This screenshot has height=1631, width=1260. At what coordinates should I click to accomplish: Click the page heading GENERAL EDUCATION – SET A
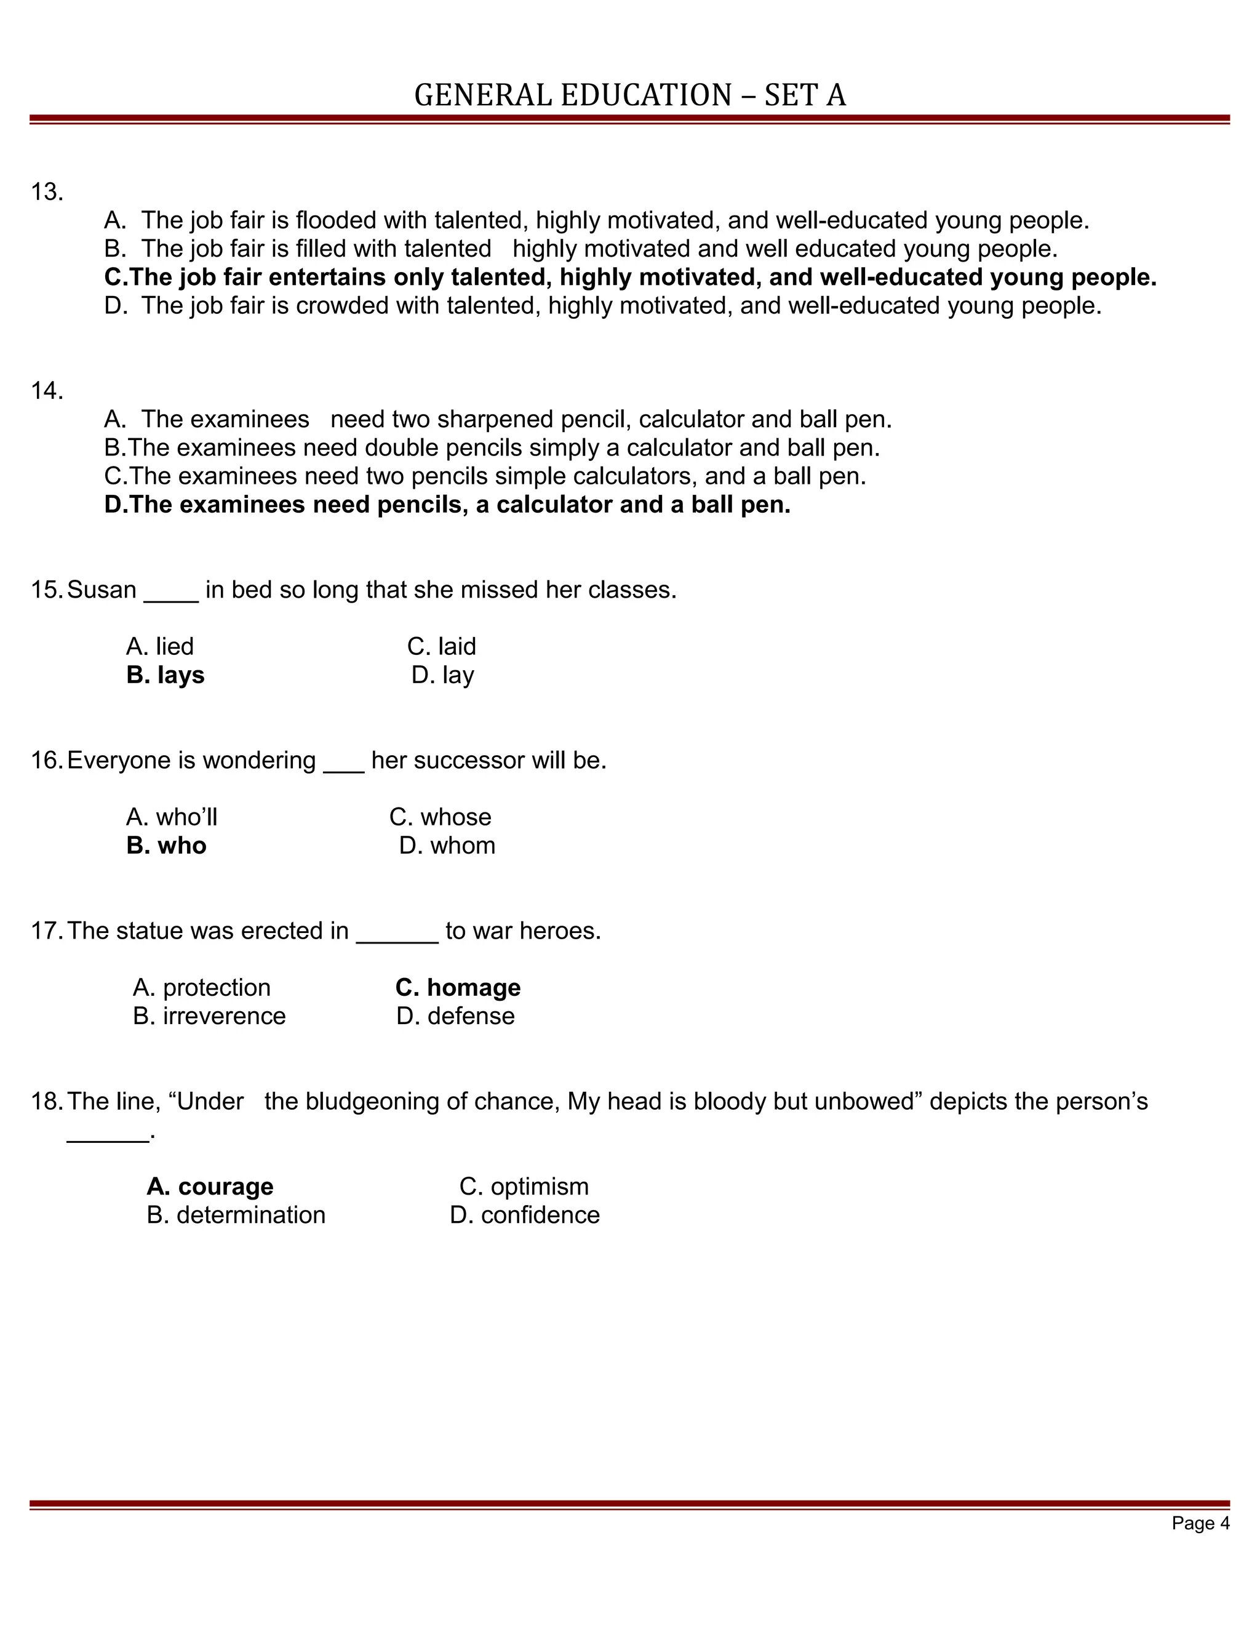click(629, 95)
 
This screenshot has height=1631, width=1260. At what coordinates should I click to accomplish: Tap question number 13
click(46, 193)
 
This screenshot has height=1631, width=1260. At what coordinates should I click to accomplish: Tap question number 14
click(46, 391)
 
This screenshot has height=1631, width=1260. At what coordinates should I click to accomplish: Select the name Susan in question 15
click(102, 590)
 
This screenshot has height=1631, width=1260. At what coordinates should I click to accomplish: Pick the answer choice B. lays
click(165, 675)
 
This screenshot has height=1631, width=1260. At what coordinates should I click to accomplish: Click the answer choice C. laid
click(441, 647)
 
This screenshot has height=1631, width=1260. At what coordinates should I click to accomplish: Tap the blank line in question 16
click(343, 762)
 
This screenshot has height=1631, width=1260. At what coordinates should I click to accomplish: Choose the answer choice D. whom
click(447, 846)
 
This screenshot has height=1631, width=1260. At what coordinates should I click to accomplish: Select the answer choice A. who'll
click(172, 818)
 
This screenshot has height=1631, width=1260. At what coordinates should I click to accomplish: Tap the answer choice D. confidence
click(524, 1215)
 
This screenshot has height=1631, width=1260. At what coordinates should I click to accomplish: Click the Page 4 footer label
click(1200, 1523)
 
